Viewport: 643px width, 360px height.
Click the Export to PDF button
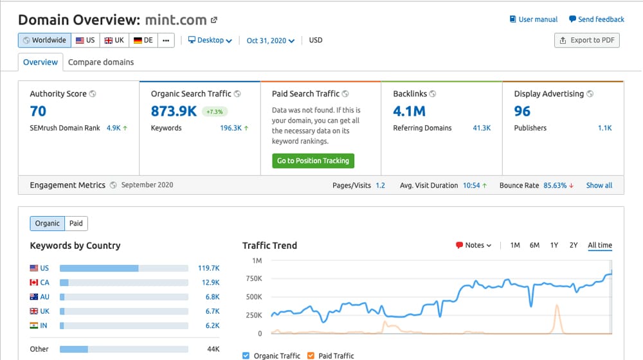pyautogui.click(x=587, y=40)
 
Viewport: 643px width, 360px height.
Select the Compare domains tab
pyautogui.click(x=101, y=62)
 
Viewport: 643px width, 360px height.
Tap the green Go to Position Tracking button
pyautogui.click(x=313, y=161)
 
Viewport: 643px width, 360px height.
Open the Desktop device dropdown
pyautogui.click(x=210, y=40)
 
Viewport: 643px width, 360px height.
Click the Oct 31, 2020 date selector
pyautogui.click(x=270, y=40)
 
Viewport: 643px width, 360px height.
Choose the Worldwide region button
pyautogui.click(x=45, y=40)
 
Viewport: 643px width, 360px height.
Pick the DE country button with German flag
pyautogui.click(x=143, y=40)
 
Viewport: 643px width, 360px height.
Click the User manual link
pyautogui.click(x=534, y=19)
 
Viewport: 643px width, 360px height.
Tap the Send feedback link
pyautogui.click(x=597, y=19)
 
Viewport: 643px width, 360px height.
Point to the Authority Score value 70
pyautogui.click(x=38, y=111)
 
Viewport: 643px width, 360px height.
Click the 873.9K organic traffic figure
pyautogui.click(x=174, y=111)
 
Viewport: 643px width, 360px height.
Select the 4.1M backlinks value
pyautogui.click(x=409, y=111)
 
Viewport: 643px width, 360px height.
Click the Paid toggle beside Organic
pyautogui.click(x=76, y=224)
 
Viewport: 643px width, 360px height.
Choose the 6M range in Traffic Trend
pyautogui.click(x=534, y=245)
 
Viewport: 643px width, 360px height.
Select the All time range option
pyautogui.click(x=600, y=245)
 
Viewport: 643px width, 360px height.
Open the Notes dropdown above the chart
pyautogui.click(x=474, y=245)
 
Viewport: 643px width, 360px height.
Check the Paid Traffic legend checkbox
pyautogui.click(x=311, y=355)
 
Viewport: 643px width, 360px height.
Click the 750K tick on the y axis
pyautogui.click(x=254, y=279)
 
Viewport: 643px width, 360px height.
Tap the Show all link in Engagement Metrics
pyautogui.click(x=599, y=185)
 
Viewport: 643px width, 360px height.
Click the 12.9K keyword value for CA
pyautogui.click(x=211, y=282)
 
